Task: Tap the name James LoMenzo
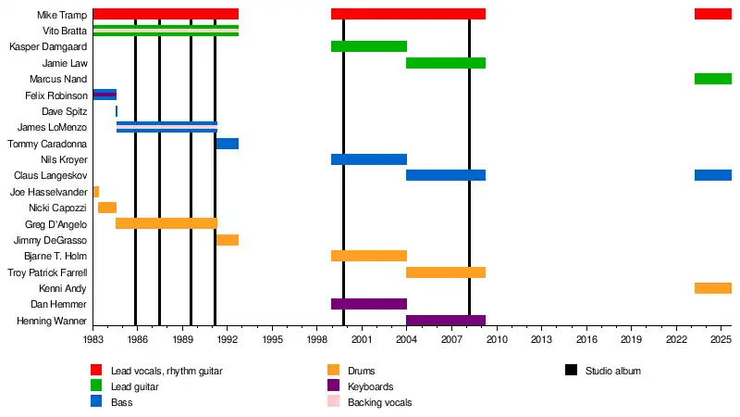click(x=53, y=127)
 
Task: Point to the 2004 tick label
click(x=407, y=341)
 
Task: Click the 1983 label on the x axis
click(x=93, y=341)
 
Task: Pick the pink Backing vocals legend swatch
click(x=333, y=402)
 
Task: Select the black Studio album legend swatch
click(x=571, y=371)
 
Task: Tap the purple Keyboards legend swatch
click(x=333, y=386)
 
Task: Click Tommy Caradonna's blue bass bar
click(x=228, y=144)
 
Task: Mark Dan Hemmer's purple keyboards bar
click(x=369, y=304)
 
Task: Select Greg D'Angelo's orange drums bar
click(x=166, y=223)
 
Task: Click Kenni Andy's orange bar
click(x=713, y=288)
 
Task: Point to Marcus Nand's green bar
click(x=713, y=79)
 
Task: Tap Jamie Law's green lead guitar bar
click(x=446, y=63)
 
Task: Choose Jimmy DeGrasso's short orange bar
click(x=228, y=240)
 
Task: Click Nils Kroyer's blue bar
click(x=369, y=159)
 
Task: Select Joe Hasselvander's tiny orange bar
click(x=96, y=192)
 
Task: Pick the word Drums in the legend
click(x=362, y=371)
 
